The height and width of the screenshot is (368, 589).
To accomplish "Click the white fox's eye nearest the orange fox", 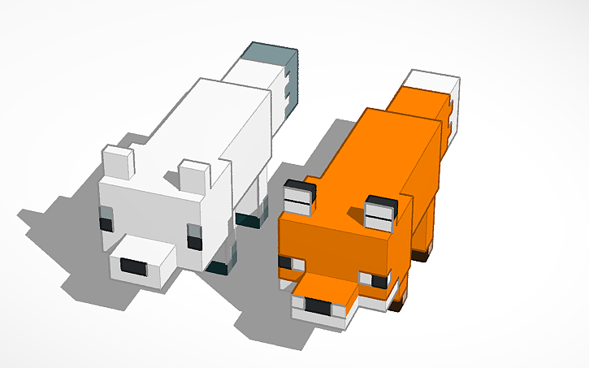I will pyautogui.click(x=194, y=240).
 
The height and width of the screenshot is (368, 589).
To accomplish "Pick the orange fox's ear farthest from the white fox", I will pyautogui.click(x=379, y=213).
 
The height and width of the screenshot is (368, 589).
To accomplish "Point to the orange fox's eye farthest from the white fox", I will pyautogui.click(x=379, y=280).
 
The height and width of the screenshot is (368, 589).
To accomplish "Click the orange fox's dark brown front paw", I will pyautogui.click(x=397, y=306).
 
